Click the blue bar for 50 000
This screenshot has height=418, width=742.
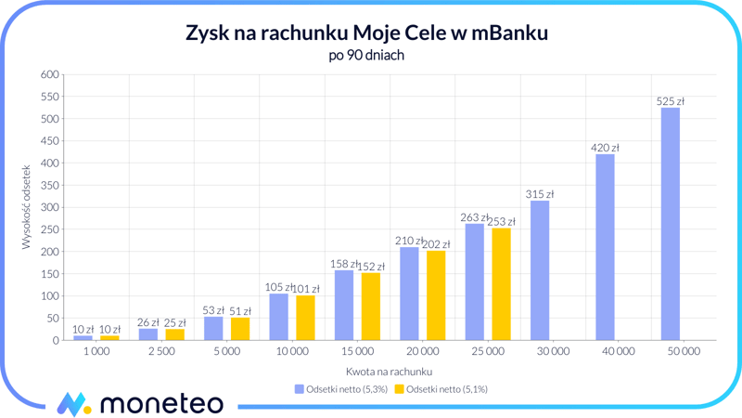[x=670, y=224]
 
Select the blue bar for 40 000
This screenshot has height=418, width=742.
[x=605, y=247]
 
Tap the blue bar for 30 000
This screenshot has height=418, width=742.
[x=540, y=270]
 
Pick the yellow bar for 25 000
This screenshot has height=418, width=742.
[x=501, y=284]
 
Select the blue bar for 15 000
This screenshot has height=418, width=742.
[x=344, y=305]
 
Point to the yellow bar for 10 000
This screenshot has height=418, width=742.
[x=305, y=318]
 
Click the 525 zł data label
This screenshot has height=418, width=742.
[x=670, y=101]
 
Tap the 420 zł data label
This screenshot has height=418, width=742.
[x=605, y=148]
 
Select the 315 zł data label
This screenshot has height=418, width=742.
[x=540, y=194]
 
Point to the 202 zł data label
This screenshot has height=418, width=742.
[x=436, y=244]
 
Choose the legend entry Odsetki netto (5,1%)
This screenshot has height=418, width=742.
[x=441, y=389]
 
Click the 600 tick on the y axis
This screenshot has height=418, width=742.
[x=50, y=74]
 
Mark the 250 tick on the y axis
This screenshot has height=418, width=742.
[x=50, y=229]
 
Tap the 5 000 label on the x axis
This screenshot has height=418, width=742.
[x=226, y=352]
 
